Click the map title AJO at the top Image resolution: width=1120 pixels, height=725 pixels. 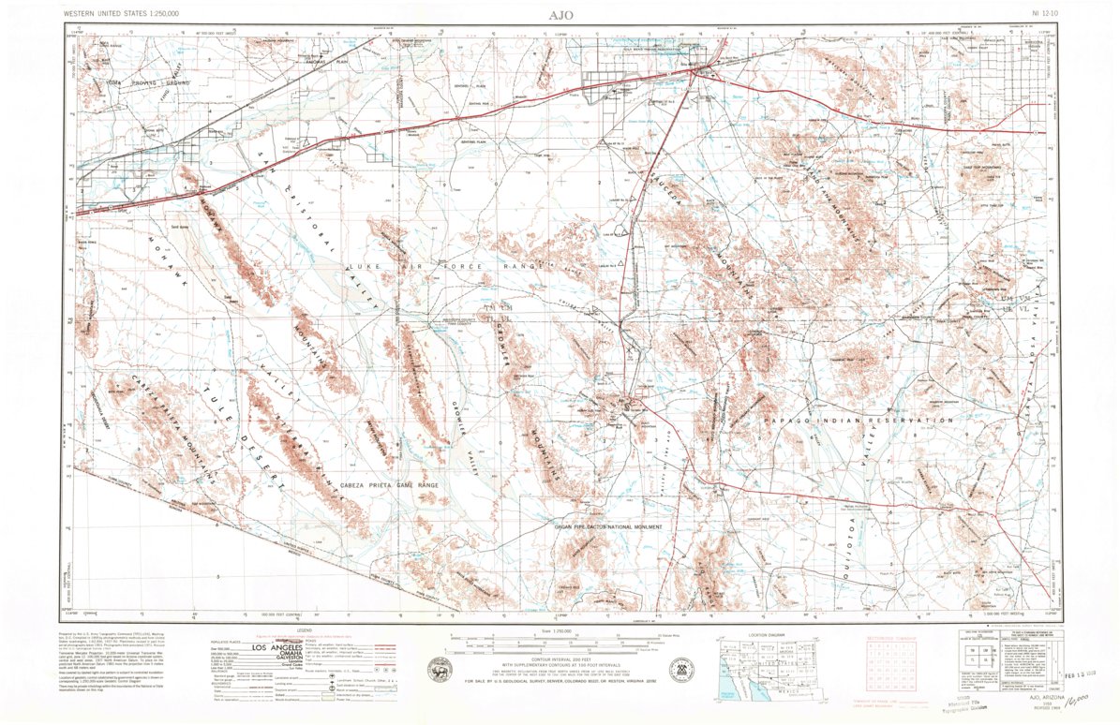coord(560,15)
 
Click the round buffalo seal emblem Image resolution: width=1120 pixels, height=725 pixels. coord(438,671)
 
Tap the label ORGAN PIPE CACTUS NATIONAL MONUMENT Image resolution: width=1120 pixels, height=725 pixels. coord(606,527)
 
